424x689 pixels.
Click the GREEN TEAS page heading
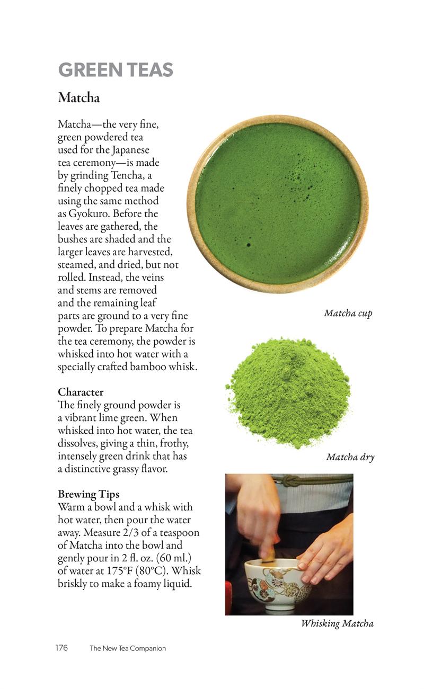(x=116, y=70)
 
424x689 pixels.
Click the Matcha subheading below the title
(x=78, y=98)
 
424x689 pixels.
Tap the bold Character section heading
(x=81, y=392)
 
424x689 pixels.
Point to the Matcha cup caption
(x=348, y=313)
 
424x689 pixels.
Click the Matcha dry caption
(x=350, y=457)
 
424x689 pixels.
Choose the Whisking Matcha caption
(x=337, y=623)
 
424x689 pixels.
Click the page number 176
(x=61, y=648)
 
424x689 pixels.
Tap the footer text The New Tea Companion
(x=128, y=648)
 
